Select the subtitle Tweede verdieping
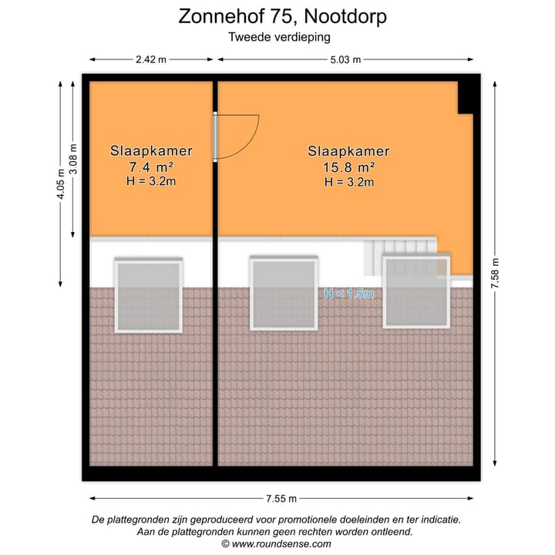tap(278, 36)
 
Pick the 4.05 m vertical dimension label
tap(60, 185)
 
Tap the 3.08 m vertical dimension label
tap(73, 160)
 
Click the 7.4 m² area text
tap(151, 166)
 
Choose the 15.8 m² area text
tap(348, 166)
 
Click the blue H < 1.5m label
tap(348, 294)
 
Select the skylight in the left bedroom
tap(148, 296)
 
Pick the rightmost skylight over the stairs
tap(417, 292)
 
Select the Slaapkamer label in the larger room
tap(348, 151)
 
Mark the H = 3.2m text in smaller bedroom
tap(151, 181)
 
